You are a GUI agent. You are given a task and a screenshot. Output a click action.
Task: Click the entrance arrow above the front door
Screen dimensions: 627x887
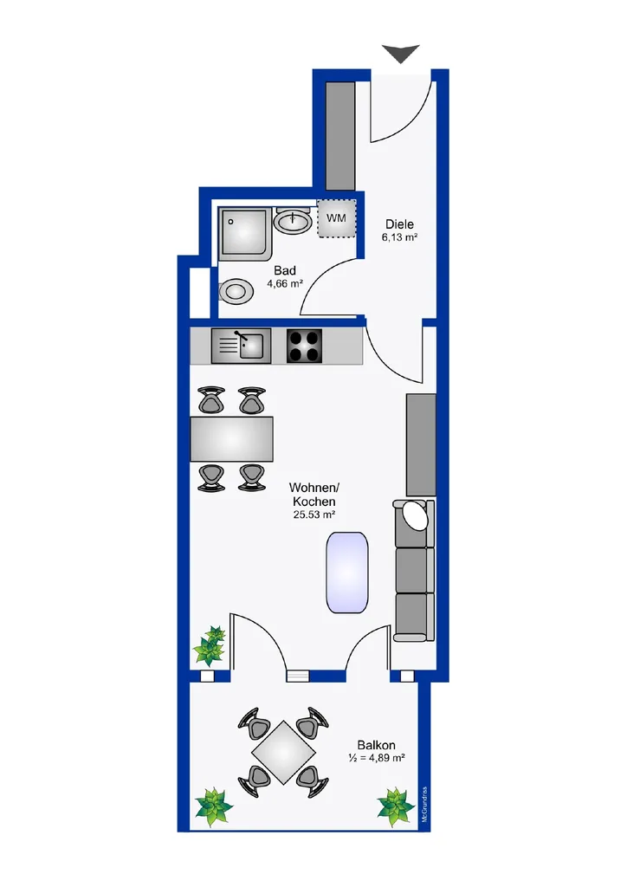coord(401,54)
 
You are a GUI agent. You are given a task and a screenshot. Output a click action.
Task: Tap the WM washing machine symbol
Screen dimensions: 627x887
coord(336,218)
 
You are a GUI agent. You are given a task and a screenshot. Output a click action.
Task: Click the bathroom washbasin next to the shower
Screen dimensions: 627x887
coord(293,220)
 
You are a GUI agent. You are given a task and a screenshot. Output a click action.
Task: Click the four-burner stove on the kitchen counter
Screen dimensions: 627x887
coord(304,346)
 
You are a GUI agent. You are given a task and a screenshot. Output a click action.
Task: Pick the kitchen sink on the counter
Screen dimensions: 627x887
coord(242,346)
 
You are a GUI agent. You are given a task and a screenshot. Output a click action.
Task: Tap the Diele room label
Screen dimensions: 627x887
coord(400,224)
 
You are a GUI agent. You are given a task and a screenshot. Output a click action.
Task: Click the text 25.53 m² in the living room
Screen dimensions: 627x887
coord(313,515)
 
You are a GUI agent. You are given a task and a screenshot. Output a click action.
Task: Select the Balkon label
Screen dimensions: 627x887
coord(377,745)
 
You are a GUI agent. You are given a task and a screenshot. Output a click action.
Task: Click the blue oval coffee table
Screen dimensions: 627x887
coord(347,572)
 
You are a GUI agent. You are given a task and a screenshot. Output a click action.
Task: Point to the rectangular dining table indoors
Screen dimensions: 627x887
coord(232,439)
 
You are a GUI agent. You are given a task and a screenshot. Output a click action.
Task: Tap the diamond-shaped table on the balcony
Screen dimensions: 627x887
coord(283,752)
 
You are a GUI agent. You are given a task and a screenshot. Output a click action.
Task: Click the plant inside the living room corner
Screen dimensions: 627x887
coord(210,645)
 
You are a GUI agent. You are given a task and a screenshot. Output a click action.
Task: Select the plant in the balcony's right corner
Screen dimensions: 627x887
coord(396,806)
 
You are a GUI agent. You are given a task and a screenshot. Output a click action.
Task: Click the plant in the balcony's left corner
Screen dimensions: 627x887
coord(214,806)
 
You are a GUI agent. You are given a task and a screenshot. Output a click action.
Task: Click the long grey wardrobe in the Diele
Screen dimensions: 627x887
coord(341,136)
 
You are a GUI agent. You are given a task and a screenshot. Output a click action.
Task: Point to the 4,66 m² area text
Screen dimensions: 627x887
coord(286,283)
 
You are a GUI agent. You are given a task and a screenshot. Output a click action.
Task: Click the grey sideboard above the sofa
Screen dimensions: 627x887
coord(421,445)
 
